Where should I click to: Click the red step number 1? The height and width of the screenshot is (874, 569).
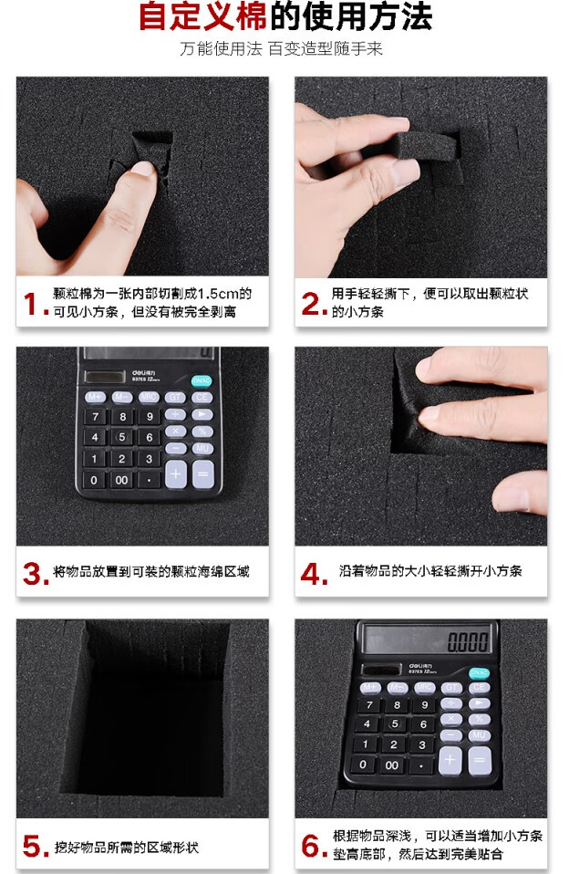click(32, 305)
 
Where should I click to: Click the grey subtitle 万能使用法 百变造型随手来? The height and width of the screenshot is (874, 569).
click(281, 49)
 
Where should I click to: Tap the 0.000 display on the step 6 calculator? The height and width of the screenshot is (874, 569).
click(468, 642)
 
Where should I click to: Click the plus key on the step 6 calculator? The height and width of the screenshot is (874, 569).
click(450, 760)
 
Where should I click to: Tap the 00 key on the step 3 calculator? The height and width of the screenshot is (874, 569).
click(121, 480)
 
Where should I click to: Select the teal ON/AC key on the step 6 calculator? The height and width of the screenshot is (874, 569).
click(478, 672)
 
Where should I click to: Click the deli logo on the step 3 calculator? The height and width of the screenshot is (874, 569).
click(144, 373)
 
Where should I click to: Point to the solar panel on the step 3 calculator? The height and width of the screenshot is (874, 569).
click(105, 376)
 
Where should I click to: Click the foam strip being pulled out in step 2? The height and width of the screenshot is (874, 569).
click(426, 145)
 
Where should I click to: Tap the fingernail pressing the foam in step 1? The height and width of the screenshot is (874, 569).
click(144, 168)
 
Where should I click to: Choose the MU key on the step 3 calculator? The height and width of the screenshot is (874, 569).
click(202, 448)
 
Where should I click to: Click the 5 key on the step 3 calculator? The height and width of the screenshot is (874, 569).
click(121, 437)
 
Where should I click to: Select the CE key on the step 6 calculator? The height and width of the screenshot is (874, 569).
click(479, 687)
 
